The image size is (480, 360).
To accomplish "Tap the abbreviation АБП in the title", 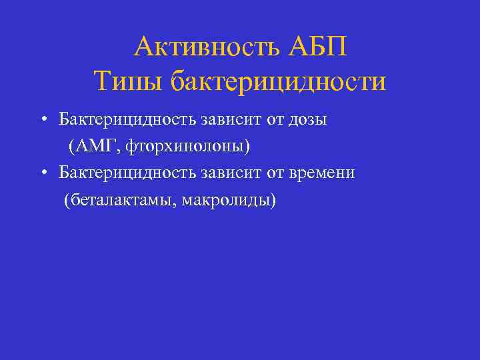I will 319,47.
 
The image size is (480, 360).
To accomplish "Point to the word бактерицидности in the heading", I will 278,83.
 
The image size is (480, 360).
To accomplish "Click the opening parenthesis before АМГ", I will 71,146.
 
